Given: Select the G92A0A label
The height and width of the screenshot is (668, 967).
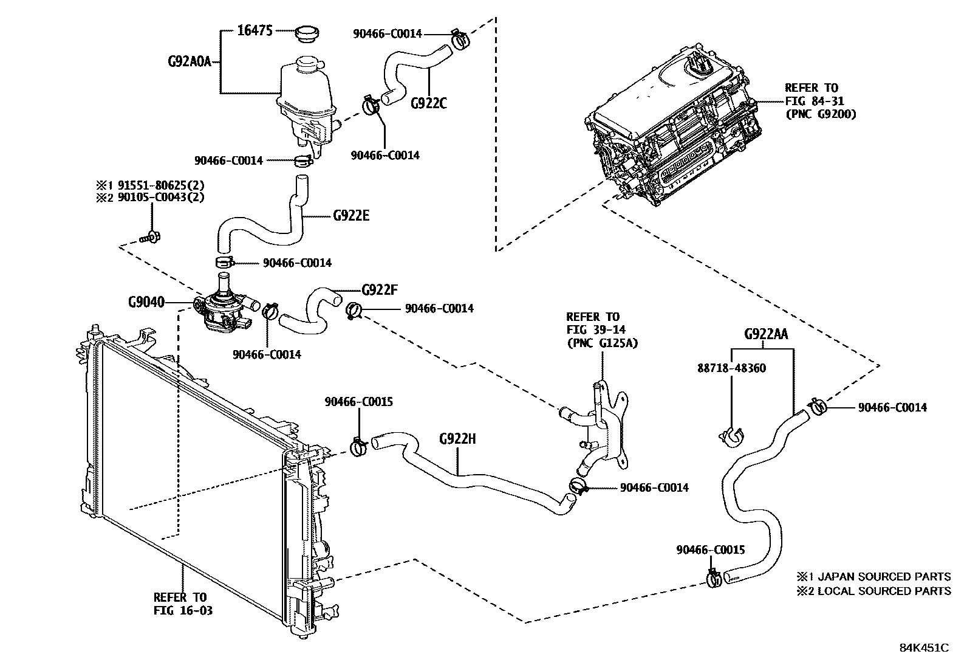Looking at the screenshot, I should click(189, 61).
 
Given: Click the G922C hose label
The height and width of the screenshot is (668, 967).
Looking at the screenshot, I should click(428, 103).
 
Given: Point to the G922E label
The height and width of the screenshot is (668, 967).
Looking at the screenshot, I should click(350, 216).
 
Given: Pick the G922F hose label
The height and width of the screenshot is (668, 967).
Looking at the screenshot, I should click(380, 289).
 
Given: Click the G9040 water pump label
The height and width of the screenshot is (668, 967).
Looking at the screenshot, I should click(146, 302).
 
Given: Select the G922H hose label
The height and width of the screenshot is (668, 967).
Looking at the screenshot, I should click(457, 438).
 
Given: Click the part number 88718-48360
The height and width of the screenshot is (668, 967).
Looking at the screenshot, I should click(731, 368).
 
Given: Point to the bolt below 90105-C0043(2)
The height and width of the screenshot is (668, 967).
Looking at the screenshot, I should click(149, 237).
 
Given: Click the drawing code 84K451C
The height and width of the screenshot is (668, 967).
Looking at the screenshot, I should click(924, 648).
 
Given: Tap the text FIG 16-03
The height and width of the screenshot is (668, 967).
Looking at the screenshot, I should click(183, 610).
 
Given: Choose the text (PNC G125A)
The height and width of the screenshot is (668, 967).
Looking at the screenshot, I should click(601, 343).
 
